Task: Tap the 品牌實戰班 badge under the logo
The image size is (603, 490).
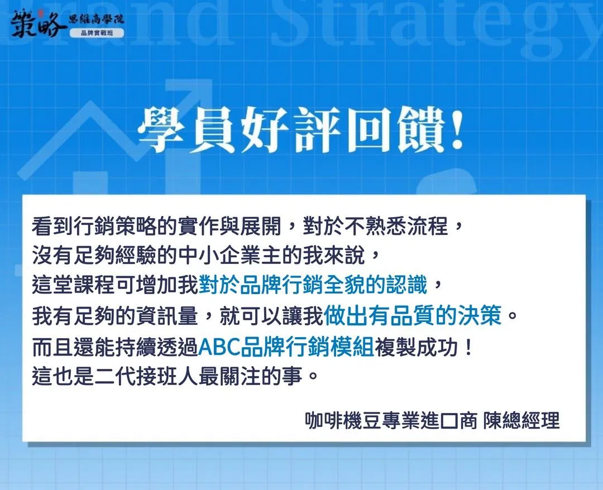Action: click(97, 33)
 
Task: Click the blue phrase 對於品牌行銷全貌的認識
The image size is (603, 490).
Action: click(313, 285)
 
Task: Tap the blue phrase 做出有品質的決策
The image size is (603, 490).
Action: click(413, 316)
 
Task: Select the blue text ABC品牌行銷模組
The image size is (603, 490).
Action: click(286, 347)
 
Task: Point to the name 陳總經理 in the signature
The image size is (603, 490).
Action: click(521, 421)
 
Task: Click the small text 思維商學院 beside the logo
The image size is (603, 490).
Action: click(96, 19)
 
